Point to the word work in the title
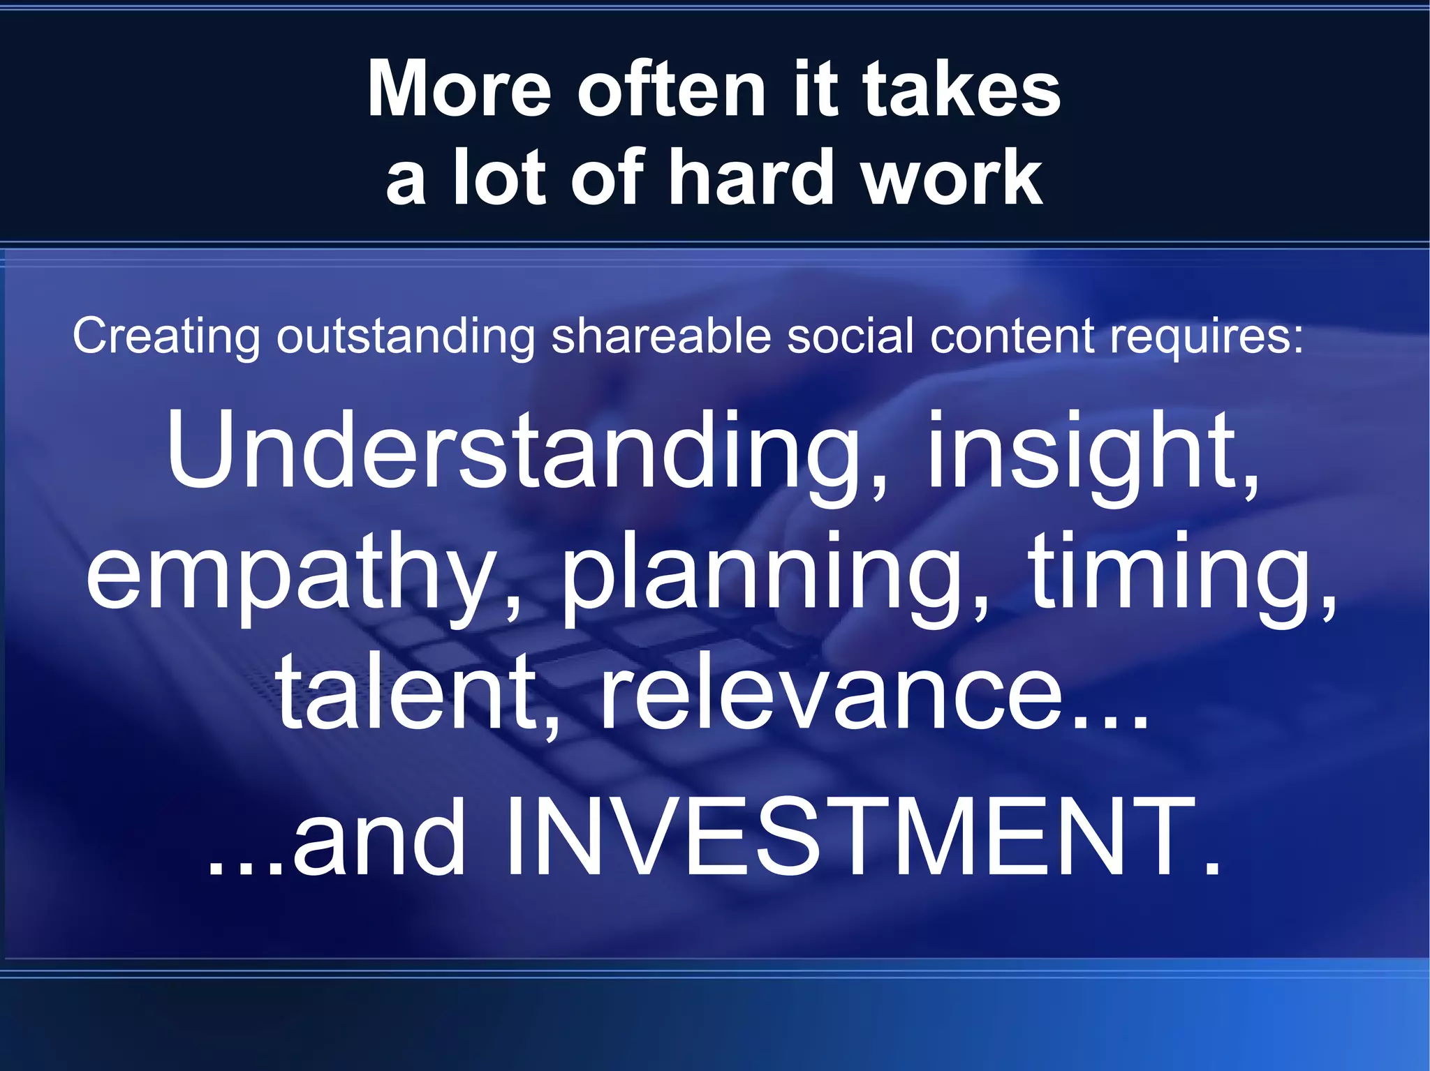[x=952, y=178]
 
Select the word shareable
[x=661, y=336]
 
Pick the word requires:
[x=1206, y=337]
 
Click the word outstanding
[x=405, y=337]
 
